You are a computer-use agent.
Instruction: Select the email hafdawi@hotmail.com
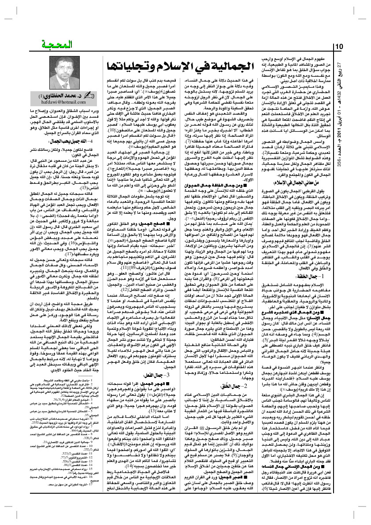point(45,102)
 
